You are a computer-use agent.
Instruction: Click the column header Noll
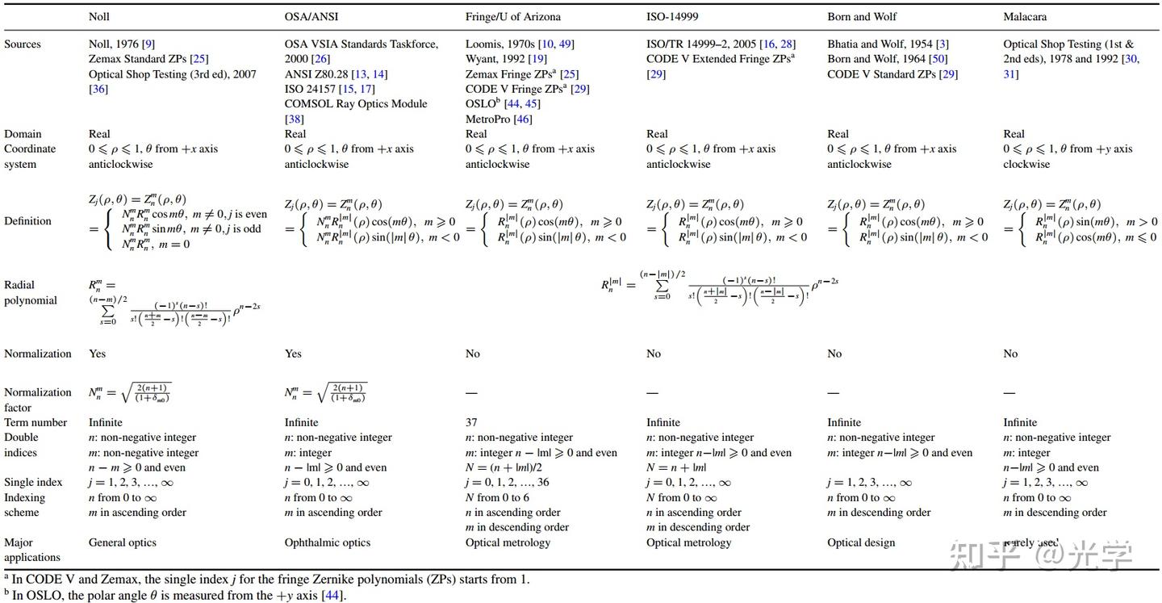(x=99, y=16)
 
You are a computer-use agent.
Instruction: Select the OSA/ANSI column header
(x=311, y=16)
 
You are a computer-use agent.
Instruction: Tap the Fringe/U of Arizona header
(x=512, y=16)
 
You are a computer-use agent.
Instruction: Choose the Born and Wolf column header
(x=862, y=16)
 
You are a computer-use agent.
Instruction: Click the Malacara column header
(x=1026, y=16)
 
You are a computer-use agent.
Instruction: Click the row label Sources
(x=23, y=44)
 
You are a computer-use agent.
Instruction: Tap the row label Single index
(x=33, y=482)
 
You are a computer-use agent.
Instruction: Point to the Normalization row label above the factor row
(x=38, y=354)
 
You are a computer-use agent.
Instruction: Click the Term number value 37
(x=472, y=422)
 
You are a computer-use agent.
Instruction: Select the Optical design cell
(x=861, y=542)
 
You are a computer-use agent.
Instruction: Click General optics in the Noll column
(x=123, y=542)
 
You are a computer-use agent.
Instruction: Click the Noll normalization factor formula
(x=129, y=393)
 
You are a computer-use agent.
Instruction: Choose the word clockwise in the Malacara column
(x=1026, y=164)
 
